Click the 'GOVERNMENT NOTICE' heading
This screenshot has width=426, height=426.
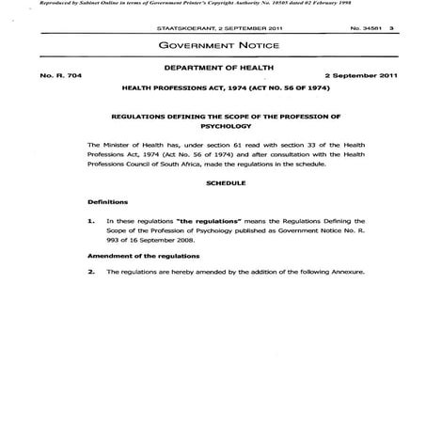(x=213, y=44)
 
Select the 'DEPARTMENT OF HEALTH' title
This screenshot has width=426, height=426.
(x=213, y=70)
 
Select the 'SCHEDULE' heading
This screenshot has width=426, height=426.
(x=213, y=182)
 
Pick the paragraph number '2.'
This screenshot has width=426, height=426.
(x=91, y=272)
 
